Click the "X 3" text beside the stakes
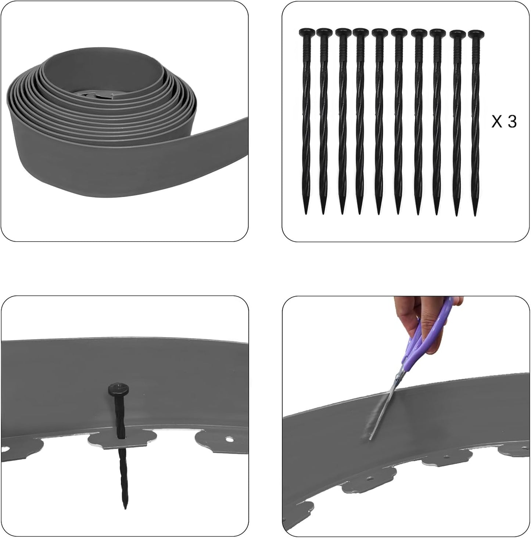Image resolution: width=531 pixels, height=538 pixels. point(504,121)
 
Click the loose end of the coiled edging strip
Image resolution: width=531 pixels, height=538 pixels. point(206,162)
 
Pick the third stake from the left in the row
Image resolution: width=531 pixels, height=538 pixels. point(342,121)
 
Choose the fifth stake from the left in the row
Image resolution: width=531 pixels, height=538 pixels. point(379,121)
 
